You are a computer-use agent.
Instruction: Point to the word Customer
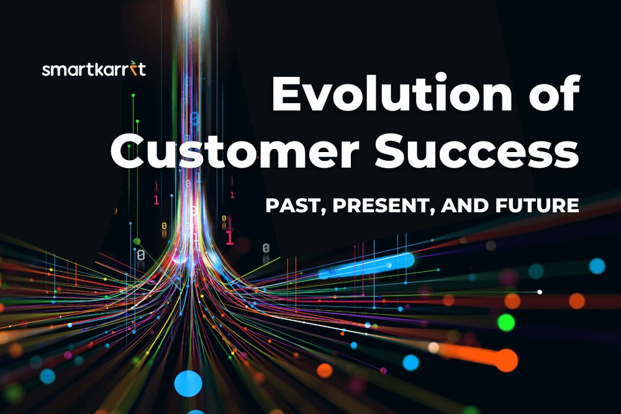(235, 150)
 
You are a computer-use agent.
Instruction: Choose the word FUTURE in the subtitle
(537, 205)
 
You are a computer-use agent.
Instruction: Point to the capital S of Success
(392, 150)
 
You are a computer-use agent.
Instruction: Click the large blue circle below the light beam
(188, 384)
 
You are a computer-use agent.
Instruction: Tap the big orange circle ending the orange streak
(506, 360)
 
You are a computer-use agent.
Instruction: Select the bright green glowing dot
(506, 322)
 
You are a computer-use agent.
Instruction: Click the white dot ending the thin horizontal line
(540, 292)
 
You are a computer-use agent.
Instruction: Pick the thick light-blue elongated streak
(366, 266)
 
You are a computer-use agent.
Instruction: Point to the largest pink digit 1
(229, 238)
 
